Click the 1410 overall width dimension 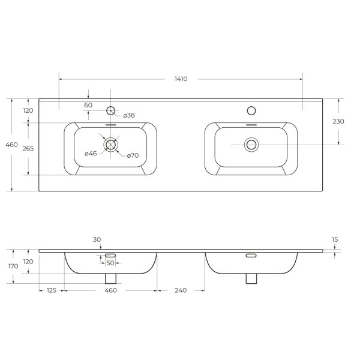coord(181,79)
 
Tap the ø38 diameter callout coord(129,115)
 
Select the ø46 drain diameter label coord(91,154)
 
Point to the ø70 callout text coord(133,155)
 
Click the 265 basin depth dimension coord(28,149)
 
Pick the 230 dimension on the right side coord(338,121)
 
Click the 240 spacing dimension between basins coord(181,290)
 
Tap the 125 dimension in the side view coord(52,290)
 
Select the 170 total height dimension coord(13,266)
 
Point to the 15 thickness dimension coord(335,239)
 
